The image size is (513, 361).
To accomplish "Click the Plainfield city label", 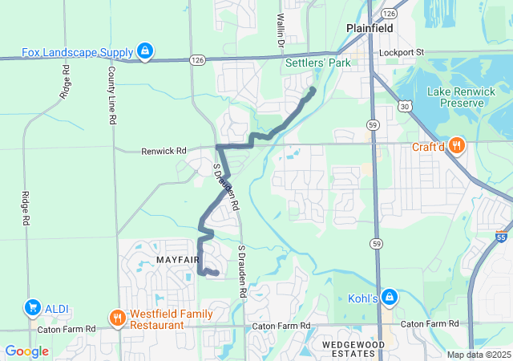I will click(x=370, y=28).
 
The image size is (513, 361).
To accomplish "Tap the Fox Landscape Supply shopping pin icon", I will click(x=144, y=52).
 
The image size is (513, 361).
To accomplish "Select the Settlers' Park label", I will click(x=318, y=62).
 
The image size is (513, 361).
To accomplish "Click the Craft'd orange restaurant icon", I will click(x=457, y=145).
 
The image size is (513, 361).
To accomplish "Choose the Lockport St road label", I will click(x=402, y=52).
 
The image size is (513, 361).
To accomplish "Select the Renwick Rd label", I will click(x=164, y=150).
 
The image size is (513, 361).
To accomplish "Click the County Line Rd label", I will click(x=111, y=95).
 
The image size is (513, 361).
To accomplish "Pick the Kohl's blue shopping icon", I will click(x=389, y=297).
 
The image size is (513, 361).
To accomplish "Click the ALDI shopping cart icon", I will click(x=33, y=307).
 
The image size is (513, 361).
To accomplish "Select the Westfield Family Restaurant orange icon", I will click(x=118, y=318).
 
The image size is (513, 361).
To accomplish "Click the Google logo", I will click(x=26, y=351).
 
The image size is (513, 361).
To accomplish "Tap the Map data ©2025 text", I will click(x=478, y=355).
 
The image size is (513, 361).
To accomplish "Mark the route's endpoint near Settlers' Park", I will click(x=313, y=90).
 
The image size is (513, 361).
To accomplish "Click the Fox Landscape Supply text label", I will click(x=77, y=53).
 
